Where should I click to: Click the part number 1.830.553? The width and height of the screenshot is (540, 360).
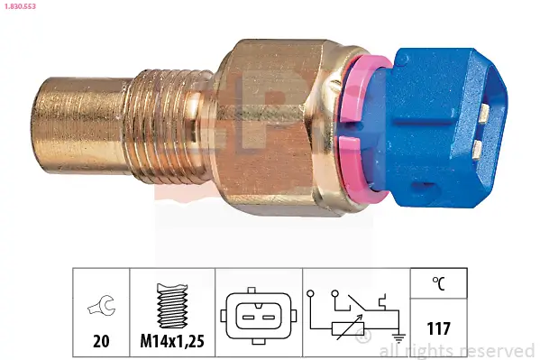[x=21, y=7]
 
